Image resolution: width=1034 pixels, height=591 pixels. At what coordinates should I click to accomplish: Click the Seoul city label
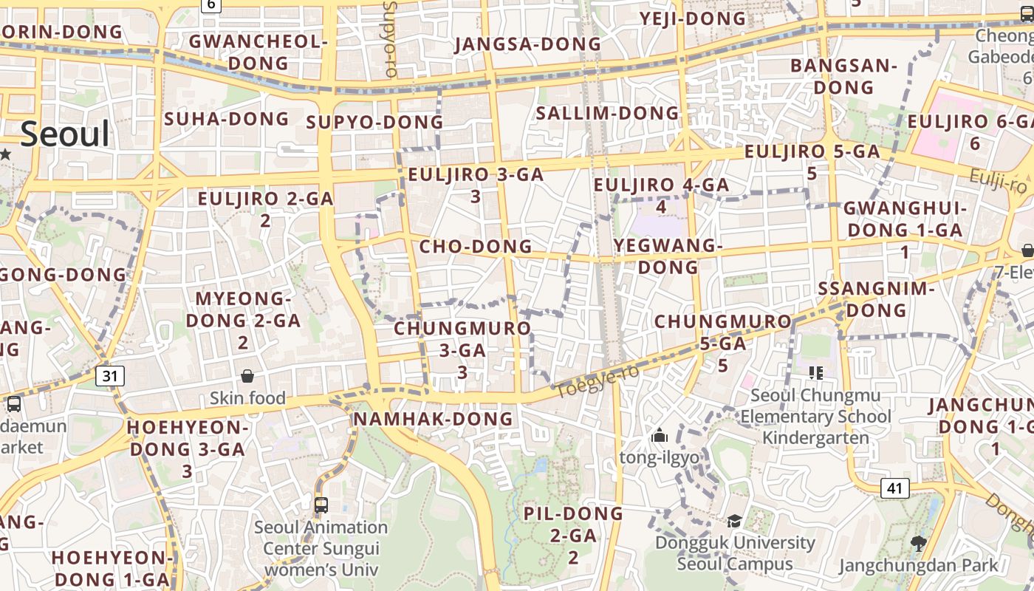click(65, 134)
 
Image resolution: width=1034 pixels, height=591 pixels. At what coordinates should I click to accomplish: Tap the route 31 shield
click(110, 376)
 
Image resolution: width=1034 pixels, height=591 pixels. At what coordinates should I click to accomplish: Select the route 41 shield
click(894, 488)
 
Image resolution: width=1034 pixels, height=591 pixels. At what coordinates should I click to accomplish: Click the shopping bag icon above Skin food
click(247, 376)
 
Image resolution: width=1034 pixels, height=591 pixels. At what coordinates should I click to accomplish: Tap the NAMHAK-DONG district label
click(433, 419)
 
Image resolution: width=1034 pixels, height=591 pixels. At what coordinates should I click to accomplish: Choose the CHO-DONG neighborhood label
click(476, 246)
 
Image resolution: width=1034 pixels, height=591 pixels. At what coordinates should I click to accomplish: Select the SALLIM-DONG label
click(607, 113)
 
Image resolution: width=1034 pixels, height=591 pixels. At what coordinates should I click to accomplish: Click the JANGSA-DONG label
click(528, 44)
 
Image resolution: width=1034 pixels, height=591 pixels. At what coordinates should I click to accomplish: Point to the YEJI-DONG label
click(693, 18)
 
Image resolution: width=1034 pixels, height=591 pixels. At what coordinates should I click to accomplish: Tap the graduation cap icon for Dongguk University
click(734, 522)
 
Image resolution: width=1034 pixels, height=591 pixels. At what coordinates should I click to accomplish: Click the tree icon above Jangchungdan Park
click(918, 544)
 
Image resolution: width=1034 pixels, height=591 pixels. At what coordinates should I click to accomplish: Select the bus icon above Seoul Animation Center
click(321, 505)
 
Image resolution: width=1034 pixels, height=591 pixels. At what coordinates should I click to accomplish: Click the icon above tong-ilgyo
click(660, 436)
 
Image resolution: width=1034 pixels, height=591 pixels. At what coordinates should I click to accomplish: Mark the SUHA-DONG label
click(227, 118)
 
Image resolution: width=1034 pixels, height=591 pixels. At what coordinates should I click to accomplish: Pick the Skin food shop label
click(247, 398)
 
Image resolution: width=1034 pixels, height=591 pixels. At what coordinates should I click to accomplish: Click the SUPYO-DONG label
click(374, 122)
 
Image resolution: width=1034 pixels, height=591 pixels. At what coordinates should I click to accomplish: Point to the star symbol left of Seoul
click(5, 154)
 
